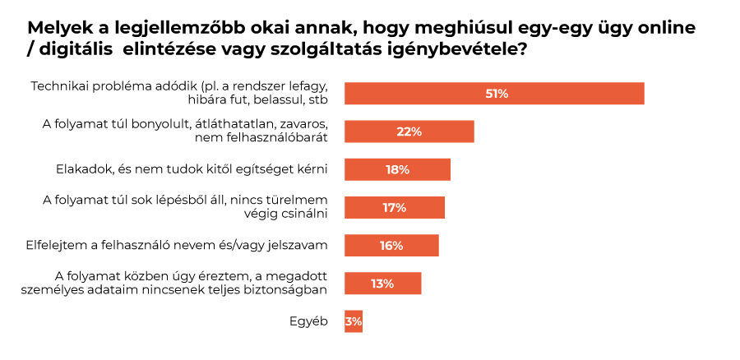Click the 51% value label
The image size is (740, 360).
(x=497, y=94)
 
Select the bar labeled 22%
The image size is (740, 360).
(x=409, y=132)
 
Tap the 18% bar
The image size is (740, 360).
(x=397, y=169)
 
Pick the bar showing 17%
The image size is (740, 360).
(x=394, y=207)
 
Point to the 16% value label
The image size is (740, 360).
(x=391, y=246)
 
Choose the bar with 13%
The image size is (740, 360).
(x=382, y=284)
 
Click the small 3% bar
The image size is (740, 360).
(x=354, y=321)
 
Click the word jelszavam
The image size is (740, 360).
(x=297, y=245)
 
